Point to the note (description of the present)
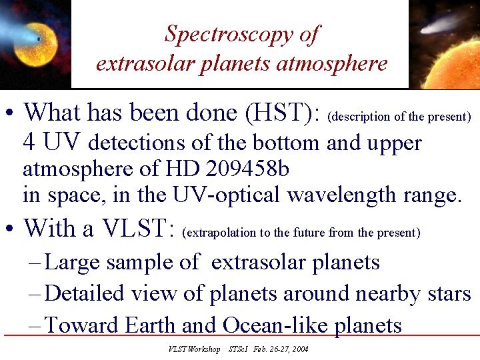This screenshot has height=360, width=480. pos(400,117)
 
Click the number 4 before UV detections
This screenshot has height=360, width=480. pos(29,143)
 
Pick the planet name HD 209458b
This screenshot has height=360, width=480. pos(239,169)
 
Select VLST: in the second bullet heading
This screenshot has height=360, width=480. pos(138,229)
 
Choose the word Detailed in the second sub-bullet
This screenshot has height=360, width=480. pos(85,293)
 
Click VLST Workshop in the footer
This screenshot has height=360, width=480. pos(194,349)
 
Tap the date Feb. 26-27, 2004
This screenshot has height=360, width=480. pos(281,349)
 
